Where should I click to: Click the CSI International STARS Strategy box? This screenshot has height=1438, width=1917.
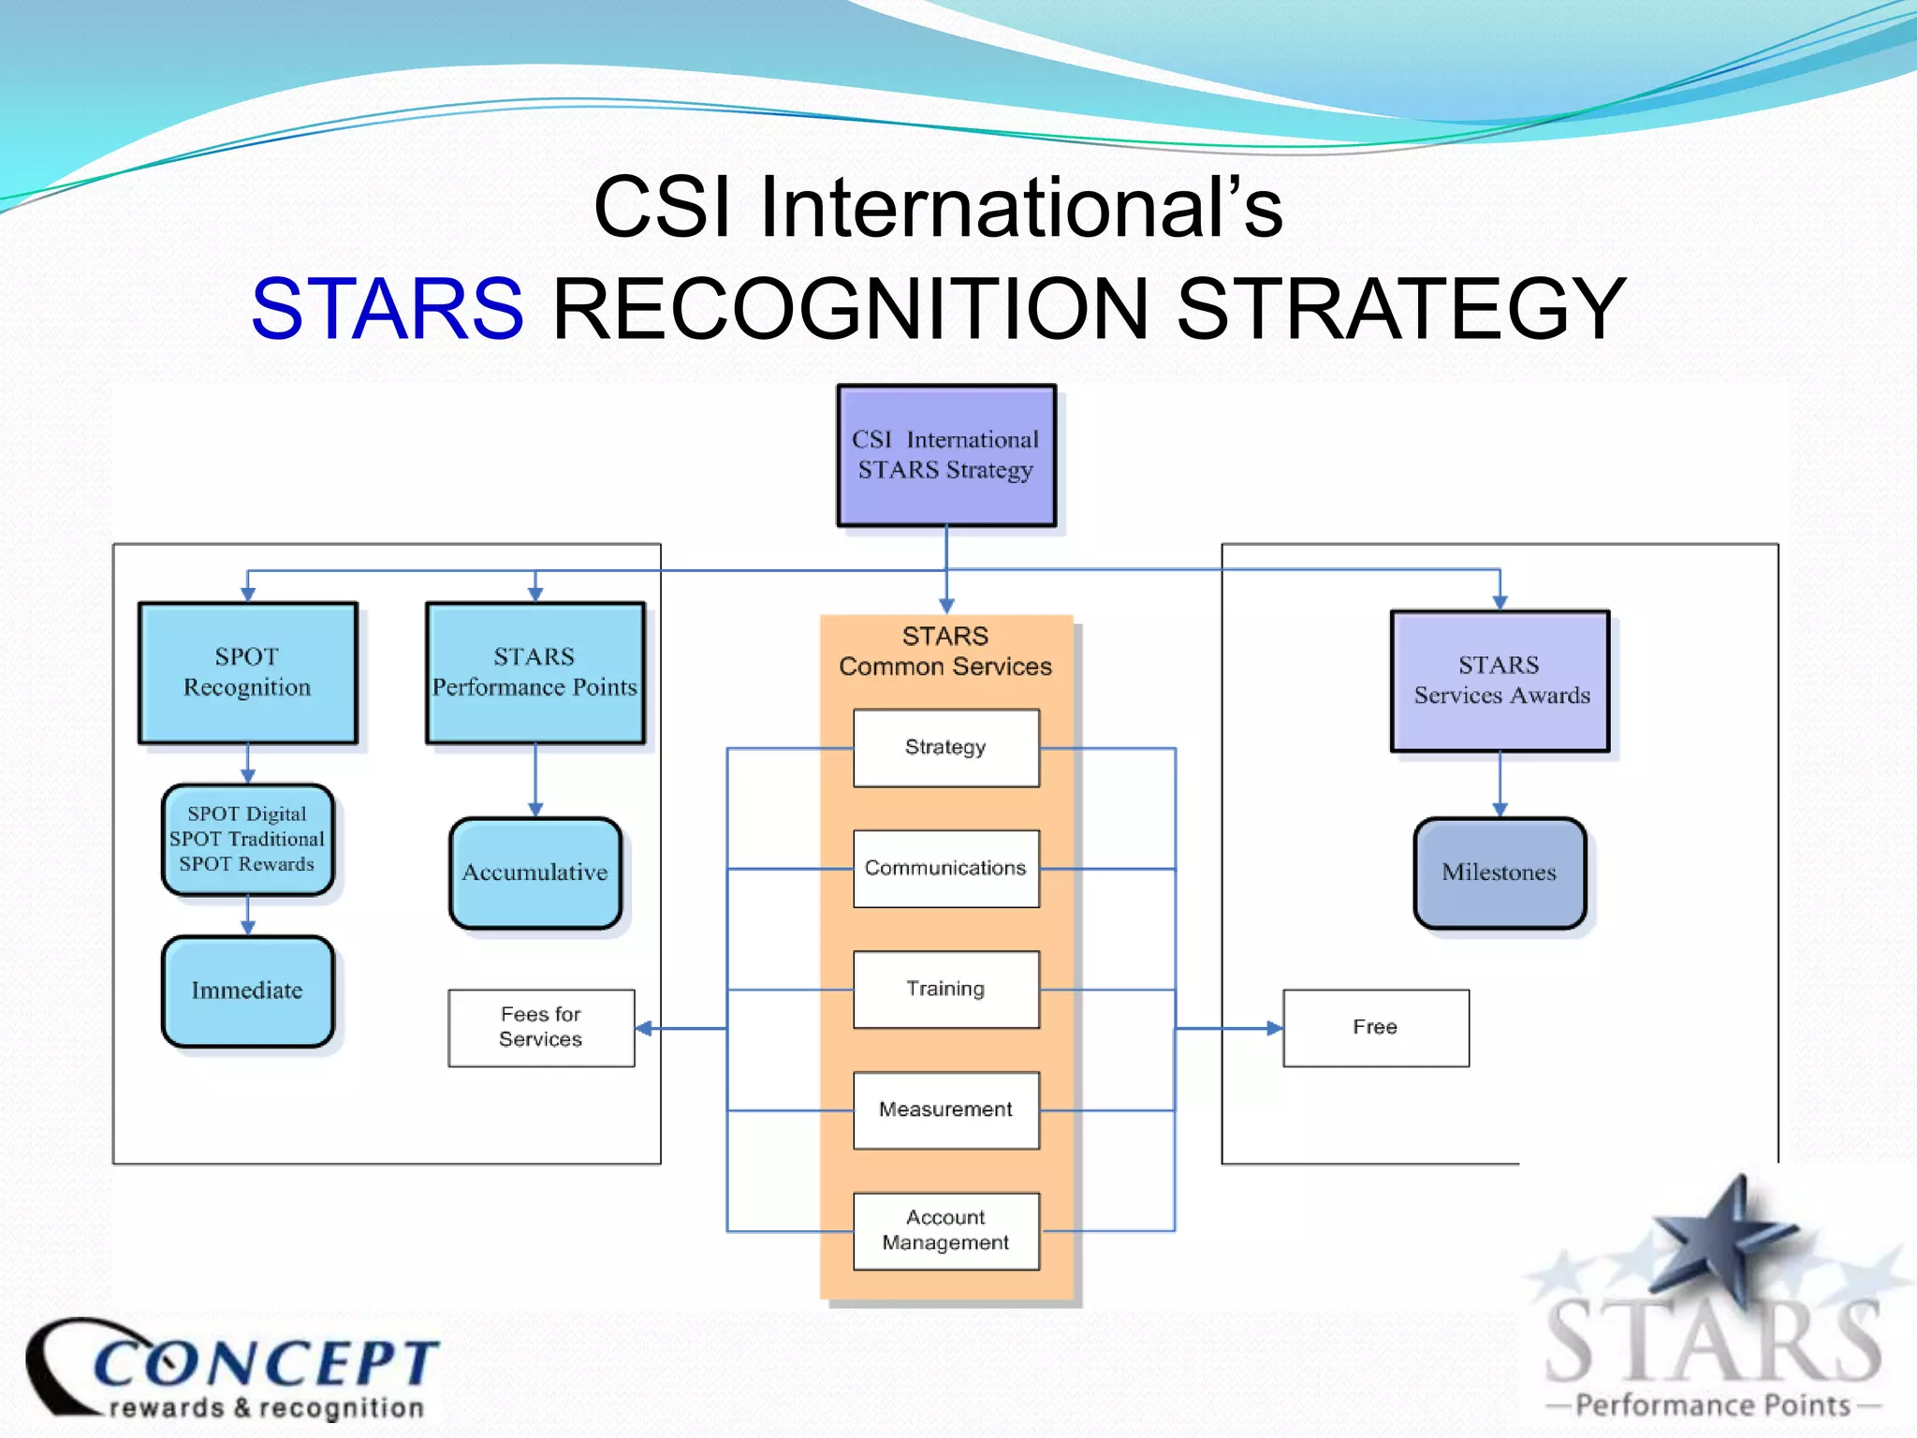946,455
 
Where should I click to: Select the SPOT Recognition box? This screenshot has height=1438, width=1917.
248,672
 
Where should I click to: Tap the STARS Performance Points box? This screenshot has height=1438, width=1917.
535,672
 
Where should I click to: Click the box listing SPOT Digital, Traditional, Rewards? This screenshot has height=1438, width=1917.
247,839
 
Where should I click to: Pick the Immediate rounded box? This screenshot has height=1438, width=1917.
247,990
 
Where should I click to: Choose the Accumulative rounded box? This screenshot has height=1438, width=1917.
535,873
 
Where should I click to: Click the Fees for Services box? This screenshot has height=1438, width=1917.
541,1027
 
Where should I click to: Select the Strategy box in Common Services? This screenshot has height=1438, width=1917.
946,747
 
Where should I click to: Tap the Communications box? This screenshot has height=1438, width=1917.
946,868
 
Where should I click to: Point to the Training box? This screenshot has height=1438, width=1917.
946,989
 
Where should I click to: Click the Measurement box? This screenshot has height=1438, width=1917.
946,1109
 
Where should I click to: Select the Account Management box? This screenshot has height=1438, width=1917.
946,1230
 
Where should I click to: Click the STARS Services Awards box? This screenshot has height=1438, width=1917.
1500,681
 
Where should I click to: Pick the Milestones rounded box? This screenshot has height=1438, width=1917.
1500,873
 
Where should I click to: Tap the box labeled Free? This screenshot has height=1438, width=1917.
1375,1027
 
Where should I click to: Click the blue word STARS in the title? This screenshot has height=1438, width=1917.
388,308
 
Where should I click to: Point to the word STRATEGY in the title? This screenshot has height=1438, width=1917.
1400,308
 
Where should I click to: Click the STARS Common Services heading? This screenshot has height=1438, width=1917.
945,652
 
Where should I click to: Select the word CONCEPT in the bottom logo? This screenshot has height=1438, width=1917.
267,1362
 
